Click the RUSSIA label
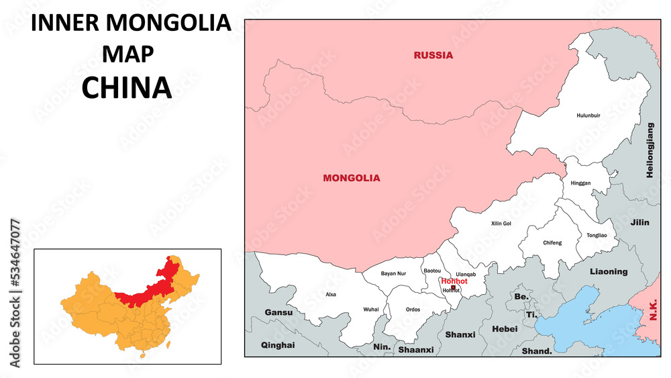(433, 55)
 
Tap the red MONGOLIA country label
(351, 178)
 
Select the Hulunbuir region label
(588, 115)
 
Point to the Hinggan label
(580, 183)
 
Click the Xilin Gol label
(501, 224)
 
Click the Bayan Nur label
(393, 273)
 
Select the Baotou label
(432, 271)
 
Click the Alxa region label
(331, 294)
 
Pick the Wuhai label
(370, 309)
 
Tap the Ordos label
(413, 310)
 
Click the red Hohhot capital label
(454, 281)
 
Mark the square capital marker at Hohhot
(453, 287)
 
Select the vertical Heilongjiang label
(649, 150)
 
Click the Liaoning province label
(609, 271)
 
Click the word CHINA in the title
(127, 88)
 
